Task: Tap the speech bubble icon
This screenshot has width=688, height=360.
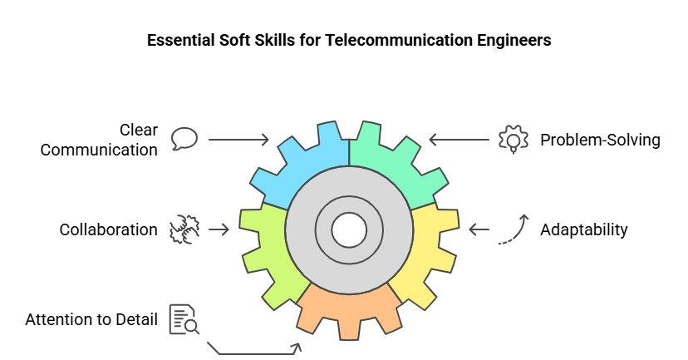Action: click(x=184, y=138)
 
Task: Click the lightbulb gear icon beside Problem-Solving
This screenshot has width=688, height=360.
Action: click(x=513, y=139)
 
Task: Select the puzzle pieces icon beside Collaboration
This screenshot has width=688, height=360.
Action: click(x=184, y=229)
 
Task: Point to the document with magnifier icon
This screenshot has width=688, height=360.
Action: click(x=184, y=320)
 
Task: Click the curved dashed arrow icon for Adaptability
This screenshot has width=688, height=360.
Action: click(x=513, y=229)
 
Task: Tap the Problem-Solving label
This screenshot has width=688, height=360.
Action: click(x=600, y=140)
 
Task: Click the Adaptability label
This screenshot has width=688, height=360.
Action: click(x=584, y=229)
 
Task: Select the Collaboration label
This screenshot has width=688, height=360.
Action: click(x=108, y=229)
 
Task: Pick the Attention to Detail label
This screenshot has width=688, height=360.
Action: click(x=91, y=319)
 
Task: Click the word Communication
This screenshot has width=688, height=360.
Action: click(x=99, y=150)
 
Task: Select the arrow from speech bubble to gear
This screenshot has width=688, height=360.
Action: click(x=238, y=140)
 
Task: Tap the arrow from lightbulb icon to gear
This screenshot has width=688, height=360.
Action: click(x=458, y=140)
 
